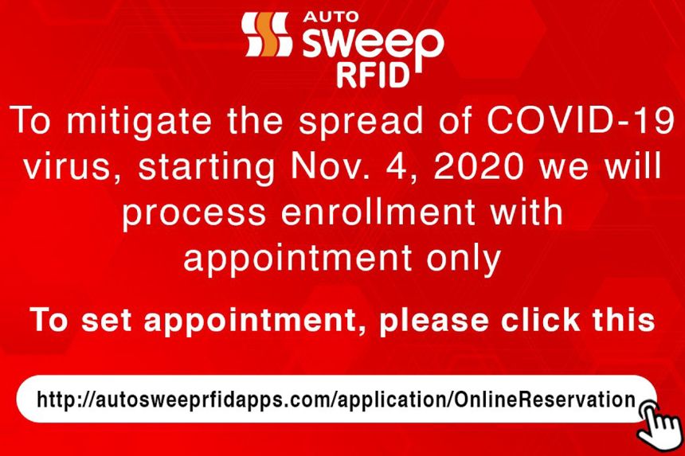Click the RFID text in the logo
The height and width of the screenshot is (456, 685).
point(374,75)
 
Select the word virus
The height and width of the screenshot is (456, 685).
point(65,168)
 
